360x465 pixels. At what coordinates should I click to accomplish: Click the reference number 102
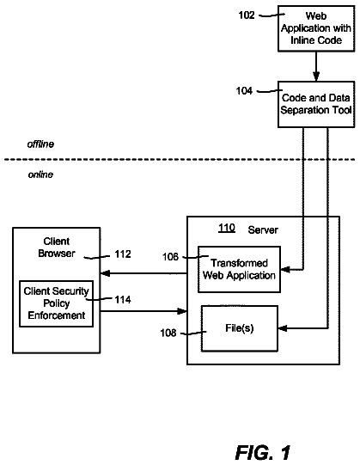click(x=247, y=15)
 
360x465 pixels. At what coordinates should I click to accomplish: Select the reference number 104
click(x=244, y=91)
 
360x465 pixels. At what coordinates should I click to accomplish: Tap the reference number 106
click(x=170, y=257)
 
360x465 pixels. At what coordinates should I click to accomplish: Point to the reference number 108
click(x=168, y=333)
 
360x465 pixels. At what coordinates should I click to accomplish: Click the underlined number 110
click(x=227, y=228)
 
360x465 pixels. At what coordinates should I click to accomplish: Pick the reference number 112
click(x=123, y=254)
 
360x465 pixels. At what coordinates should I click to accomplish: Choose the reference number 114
click(x=123, y=300)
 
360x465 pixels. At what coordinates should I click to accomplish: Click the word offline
click(x=40, y=144)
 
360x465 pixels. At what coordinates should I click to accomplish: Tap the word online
click(x=40, y=174)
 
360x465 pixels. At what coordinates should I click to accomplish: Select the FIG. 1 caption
click(x=263, y=453)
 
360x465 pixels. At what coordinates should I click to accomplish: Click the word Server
click(x=263, y=229)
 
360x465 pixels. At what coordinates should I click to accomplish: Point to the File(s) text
click(x=240, y=328)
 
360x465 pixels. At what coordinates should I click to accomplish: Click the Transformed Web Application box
click(x=240, y=269)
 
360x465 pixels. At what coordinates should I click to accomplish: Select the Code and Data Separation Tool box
click(x=316, y=104)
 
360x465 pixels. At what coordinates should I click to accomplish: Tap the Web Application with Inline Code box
click(x=316, y=28)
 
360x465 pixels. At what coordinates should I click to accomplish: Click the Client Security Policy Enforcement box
click(x=57, y=303)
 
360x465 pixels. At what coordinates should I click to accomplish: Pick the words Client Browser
click(x=57, y=248)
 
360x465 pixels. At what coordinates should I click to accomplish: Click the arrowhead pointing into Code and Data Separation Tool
click(x=316, y=76)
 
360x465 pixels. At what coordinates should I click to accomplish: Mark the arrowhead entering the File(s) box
click(x=283, y=328)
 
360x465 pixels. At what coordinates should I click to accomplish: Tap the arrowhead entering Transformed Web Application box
click(x=285, y=270)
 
